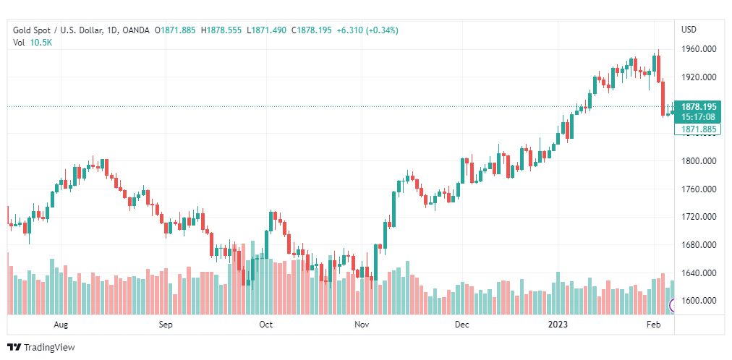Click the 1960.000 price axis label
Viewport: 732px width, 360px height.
(x=698, y=49)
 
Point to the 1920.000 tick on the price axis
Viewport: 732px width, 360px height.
(x=698, y=77)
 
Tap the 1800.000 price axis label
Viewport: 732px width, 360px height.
(x=698, y=161)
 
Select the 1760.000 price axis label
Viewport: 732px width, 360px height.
(x=698, y=189)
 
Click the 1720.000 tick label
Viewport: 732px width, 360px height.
(x=698, y=217)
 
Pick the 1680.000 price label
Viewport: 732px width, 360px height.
(x=698, y=245)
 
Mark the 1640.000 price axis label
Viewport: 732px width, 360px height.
(x=698, y=273)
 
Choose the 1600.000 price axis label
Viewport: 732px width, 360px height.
(x=698, y=301)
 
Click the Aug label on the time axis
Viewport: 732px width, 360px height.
(x=61, y=325)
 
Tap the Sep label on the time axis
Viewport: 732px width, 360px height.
(x=166, y=325)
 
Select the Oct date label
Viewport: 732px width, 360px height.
(x=265, y=325)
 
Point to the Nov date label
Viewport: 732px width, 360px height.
(x=362, y=325)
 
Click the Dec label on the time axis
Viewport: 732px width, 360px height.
(x=461, y=325)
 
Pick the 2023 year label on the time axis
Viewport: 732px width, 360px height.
(x=558, y=325)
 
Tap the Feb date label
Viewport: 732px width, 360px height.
(x=652, y=325)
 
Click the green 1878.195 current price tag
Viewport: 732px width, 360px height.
(x=698, y=106)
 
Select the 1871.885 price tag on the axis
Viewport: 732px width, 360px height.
(x=698, y=129)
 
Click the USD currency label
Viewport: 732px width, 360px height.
(x=689, y=30)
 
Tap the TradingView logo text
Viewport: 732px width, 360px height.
(x=48, y=348)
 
